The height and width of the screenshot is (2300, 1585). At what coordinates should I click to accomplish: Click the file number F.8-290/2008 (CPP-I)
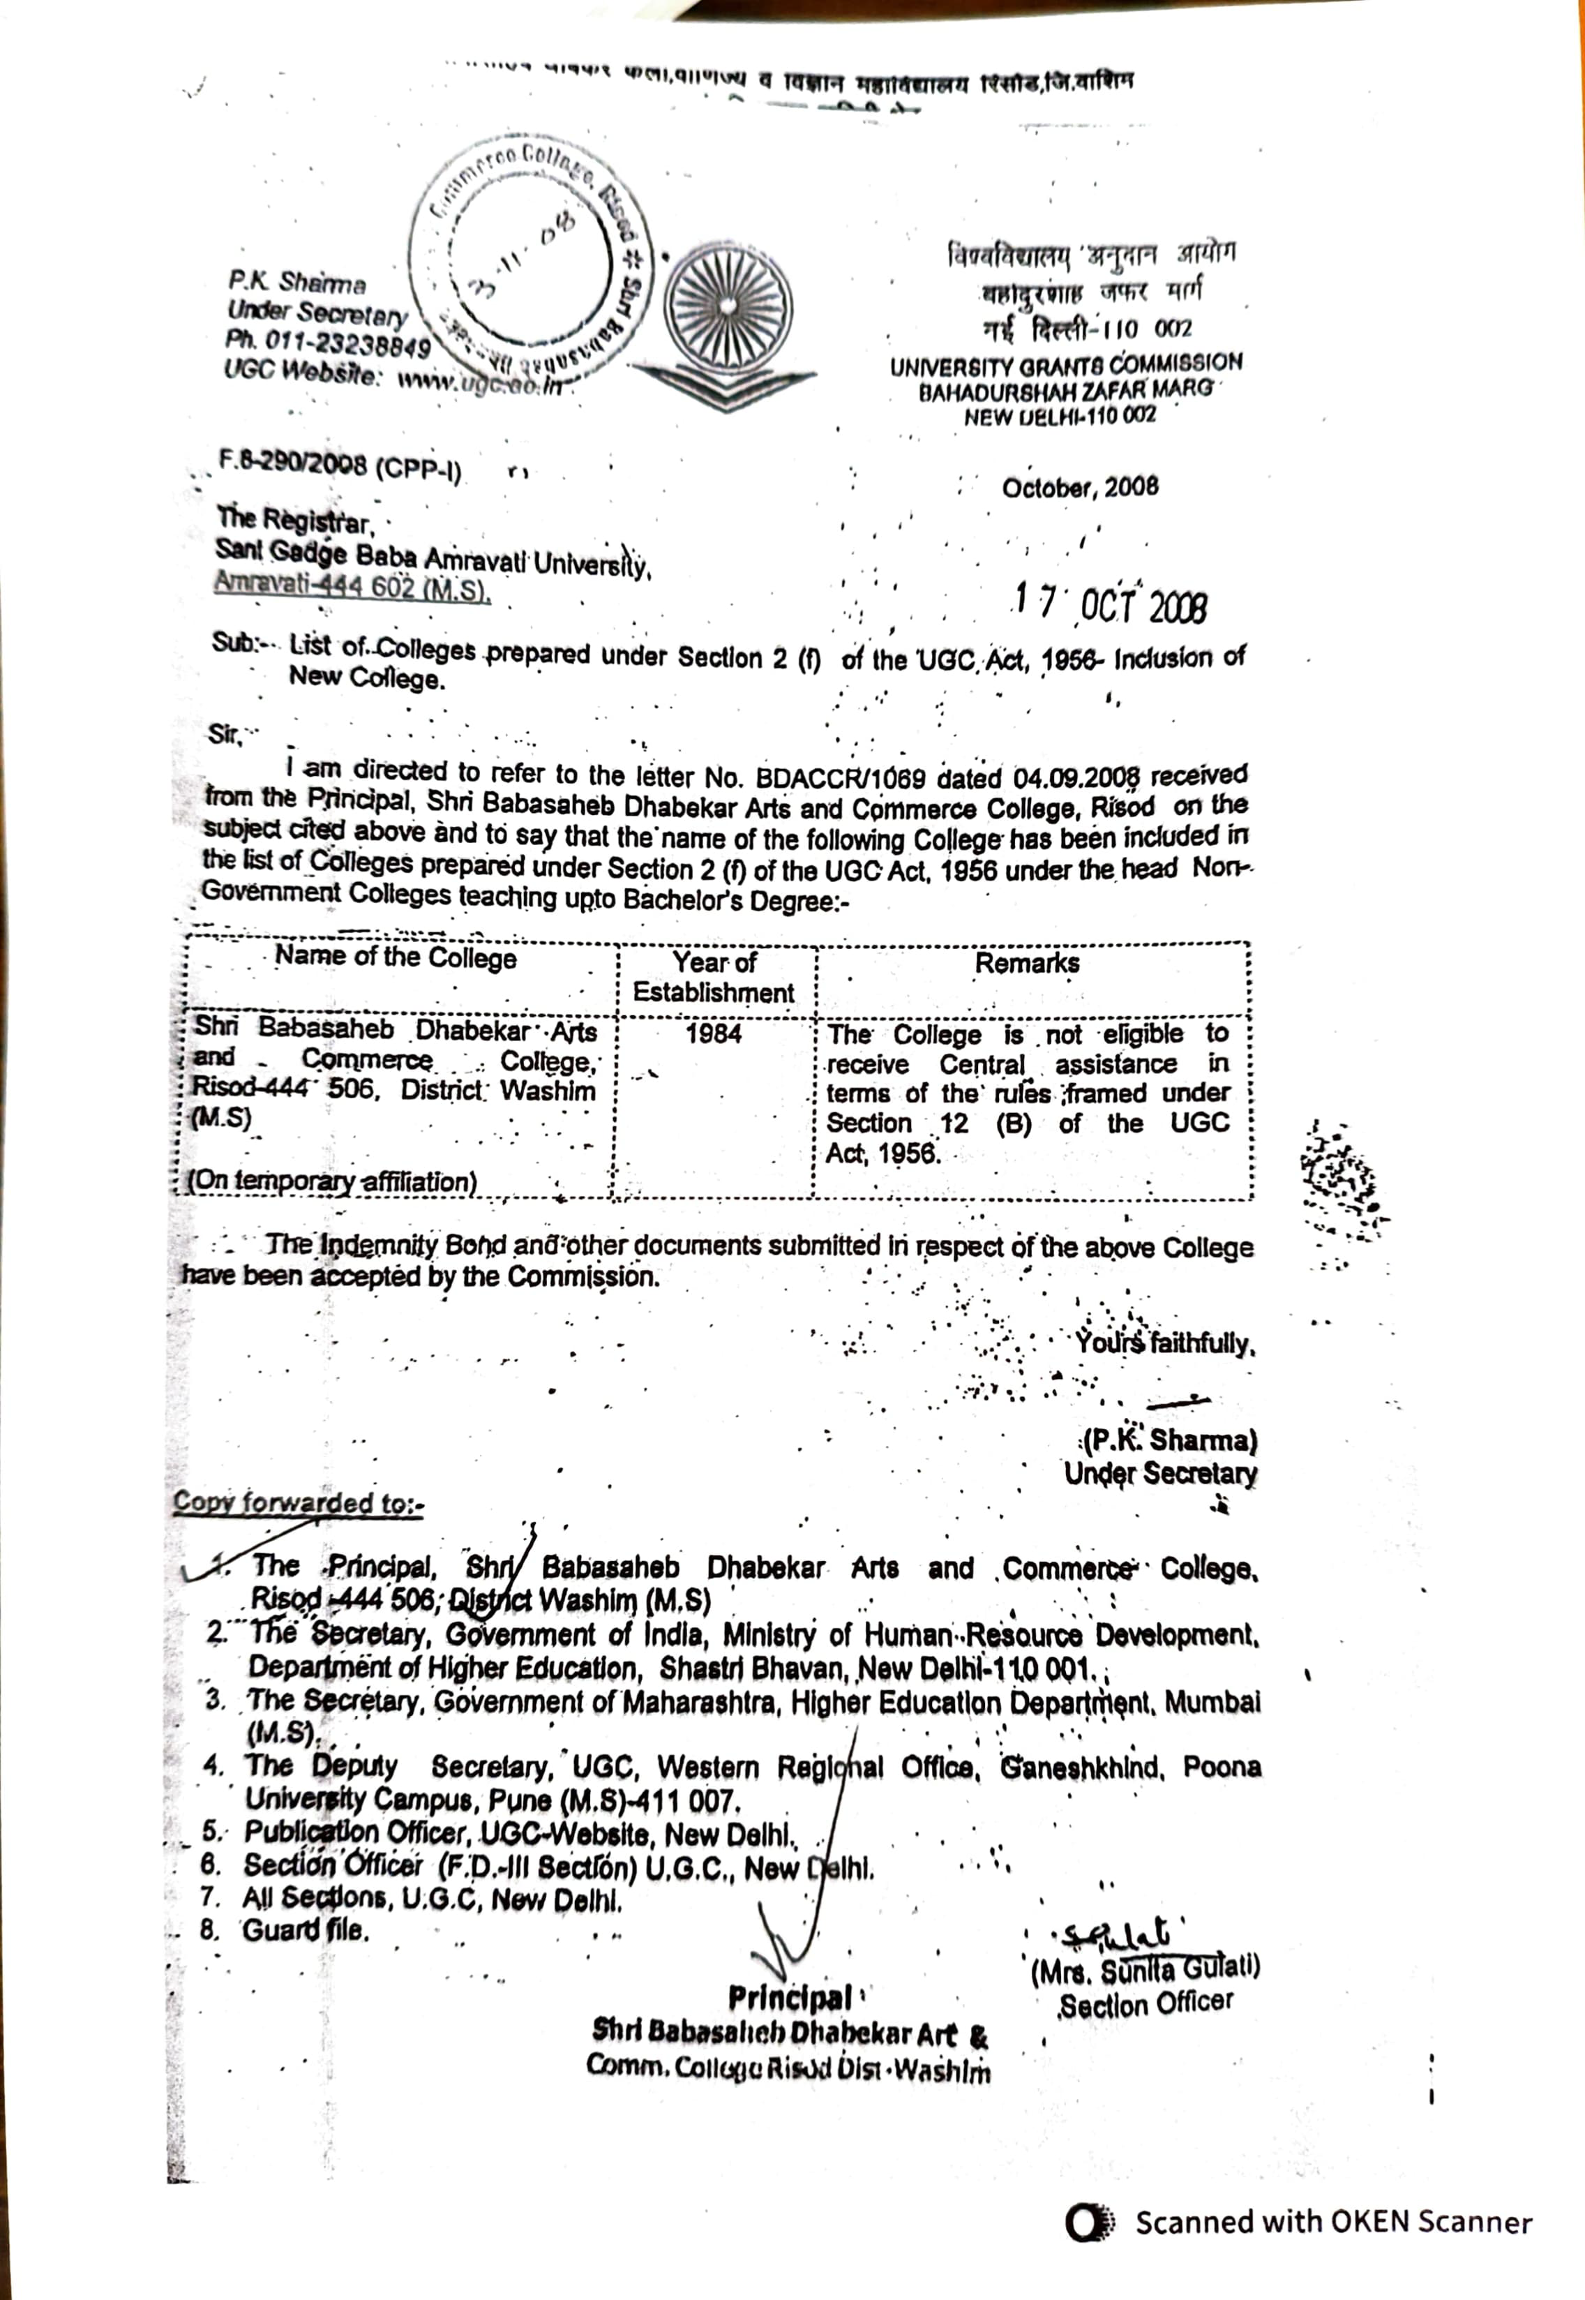tap(340, 465)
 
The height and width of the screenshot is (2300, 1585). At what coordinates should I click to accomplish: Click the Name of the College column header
tap(396, 957)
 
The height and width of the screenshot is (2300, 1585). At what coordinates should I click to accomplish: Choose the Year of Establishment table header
tap(714, 977)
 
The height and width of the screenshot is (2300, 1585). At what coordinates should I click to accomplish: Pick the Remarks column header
tap(1027, 962)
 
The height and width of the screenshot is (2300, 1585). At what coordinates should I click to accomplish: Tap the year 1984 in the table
tap(713, 1033)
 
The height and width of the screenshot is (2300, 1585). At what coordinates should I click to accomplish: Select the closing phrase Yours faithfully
tap(1164, 1344)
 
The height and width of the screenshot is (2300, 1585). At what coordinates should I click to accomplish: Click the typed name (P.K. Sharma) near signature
tap(1170, 1440)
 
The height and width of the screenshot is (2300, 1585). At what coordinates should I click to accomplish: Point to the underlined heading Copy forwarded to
tap(298, 1502)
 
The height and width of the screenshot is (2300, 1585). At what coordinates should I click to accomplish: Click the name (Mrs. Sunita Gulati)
tap(1144, 1969)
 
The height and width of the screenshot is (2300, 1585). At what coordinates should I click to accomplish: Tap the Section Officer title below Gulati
tap(1145, 2004)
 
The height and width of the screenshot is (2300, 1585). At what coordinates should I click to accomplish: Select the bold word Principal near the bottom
tap(790, 1997)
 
